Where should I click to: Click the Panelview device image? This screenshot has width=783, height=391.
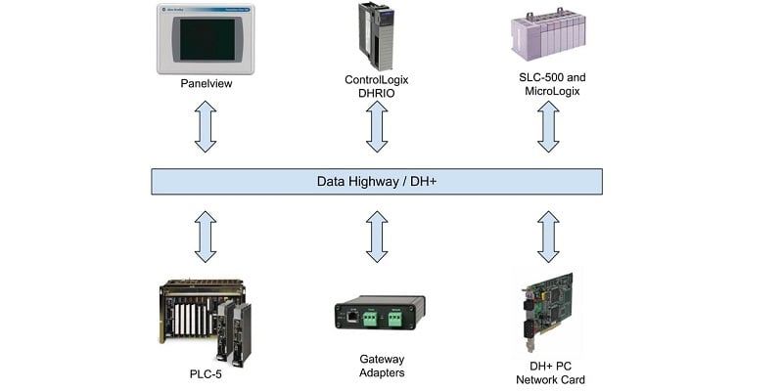(x=205, y=39)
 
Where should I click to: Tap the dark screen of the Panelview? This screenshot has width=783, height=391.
(x=205, y=40)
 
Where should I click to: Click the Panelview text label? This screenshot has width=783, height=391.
(x=205, y=84)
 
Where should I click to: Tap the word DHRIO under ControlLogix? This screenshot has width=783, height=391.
(x=377, y=94)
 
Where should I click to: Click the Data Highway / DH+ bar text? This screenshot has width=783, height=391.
(x=376, y=182)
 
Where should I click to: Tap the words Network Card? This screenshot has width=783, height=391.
(x=548, y=379)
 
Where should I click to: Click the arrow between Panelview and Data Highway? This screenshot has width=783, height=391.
(x=205, y=127)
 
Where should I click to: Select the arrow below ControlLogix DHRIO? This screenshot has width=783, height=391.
(x=376, y=127)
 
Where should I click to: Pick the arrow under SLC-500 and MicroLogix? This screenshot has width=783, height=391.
(x=547, y=127)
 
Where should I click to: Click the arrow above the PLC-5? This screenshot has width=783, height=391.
(x=205, y=237)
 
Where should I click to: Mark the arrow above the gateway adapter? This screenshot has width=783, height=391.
(x=376, y=237)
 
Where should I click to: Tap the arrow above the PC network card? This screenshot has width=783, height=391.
(x=547, y=237)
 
